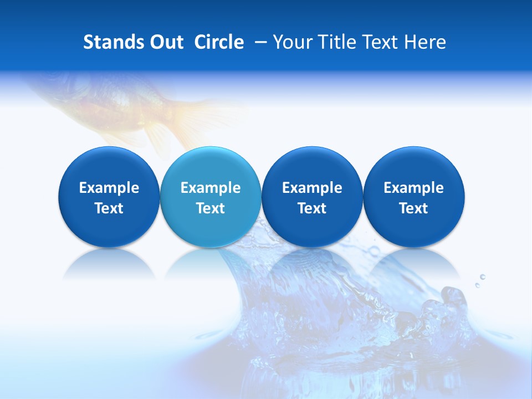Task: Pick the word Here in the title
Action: [426, 42]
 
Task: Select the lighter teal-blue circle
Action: [211, 197]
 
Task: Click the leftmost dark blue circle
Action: [109, 197]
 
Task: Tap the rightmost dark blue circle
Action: [413, 197]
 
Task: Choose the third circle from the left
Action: [312, 197]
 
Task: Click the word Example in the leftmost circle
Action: [109, 188]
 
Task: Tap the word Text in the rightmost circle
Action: [413, 208]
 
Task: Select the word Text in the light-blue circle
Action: [211, 208]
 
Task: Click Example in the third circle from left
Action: [312, 188]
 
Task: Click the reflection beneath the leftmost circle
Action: [109, 265]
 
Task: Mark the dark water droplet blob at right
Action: [454, 299]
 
